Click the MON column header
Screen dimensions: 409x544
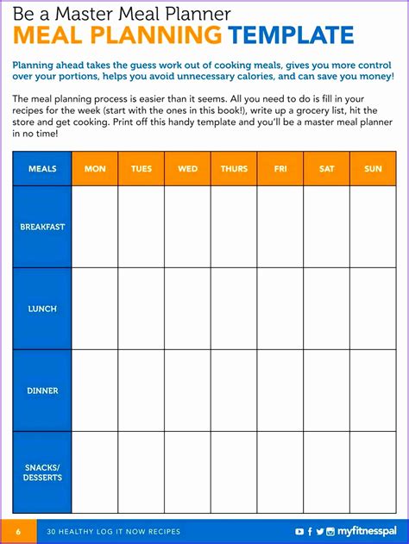[95, 169]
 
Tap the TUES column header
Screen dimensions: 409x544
[142, 169]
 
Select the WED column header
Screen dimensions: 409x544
[187, 169]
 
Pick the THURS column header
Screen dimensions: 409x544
[234, 169]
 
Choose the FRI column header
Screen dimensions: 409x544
[280, 169]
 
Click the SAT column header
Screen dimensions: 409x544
[326, 169]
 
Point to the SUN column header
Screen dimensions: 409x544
[373, 169]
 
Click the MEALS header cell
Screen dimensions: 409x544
[42, 169]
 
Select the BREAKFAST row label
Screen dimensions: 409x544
[42, 227]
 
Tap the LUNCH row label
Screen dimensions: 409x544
[42, 308]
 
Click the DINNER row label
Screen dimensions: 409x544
[42, 391]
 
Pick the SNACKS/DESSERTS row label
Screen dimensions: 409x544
[42, 472]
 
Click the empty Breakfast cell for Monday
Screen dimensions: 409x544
[95, 227]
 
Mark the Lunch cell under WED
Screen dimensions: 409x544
[187, 308]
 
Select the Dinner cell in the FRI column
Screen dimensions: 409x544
[280, 391]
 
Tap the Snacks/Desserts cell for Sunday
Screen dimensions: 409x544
[373, 472]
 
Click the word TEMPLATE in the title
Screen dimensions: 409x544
[292, 35]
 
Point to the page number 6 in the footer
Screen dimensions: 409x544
[18, 531]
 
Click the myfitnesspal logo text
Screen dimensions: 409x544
[367, 531]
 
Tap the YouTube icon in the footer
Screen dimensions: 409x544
[299, 531]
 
